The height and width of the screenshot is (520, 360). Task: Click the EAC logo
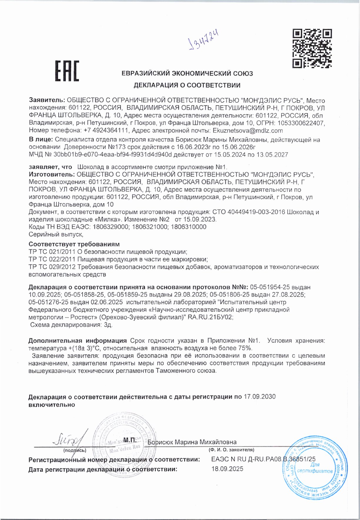[x=67, y=71]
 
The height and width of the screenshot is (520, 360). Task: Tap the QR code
[x=312, y=49]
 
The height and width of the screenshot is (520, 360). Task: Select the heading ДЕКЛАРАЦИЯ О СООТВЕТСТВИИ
[x=187, y=85]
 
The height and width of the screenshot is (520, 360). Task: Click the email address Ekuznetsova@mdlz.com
[x=248, y=131]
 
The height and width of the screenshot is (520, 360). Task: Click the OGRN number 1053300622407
[x=299, y=123]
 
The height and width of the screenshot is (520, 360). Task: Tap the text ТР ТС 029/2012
[x=52, y=267]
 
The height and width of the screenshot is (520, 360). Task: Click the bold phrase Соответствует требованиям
[x=74, y=244]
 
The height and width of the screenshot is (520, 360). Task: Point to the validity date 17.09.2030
[x=260, y=397]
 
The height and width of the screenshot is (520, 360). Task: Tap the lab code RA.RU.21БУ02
[x=211, y=317]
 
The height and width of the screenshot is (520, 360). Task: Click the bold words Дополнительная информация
[x=77, y=341]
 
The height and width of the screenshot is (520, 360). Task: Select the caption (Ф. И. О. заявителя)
[x=231, y=450]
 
